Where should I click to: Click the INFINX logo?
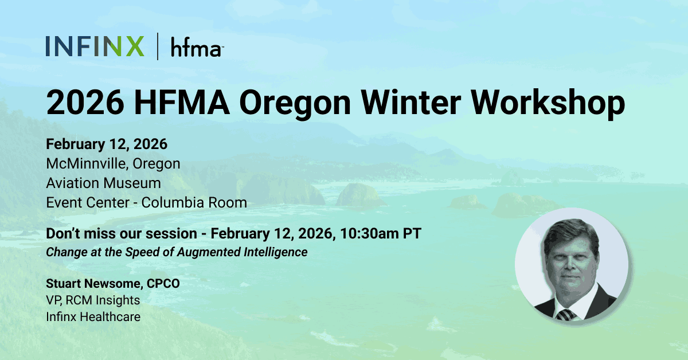point(95,46)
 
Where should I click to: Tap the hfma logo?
point(196,48)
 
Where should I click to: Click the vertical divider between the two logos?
point(158,46)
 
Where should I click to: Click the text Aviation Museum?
point(103,183)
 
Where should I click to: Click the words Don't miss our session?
point(123,234)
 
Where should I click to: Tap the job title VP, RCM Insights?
point(93,300)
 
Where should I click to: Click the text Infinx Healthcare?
point(93,316)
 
